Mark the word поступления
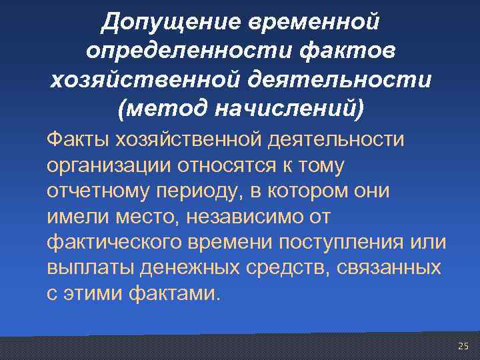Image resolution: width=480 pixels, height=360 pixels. click(x=345, y=241)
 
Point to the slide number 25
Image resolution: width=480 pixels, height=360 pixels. click(x=463, y=346)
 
